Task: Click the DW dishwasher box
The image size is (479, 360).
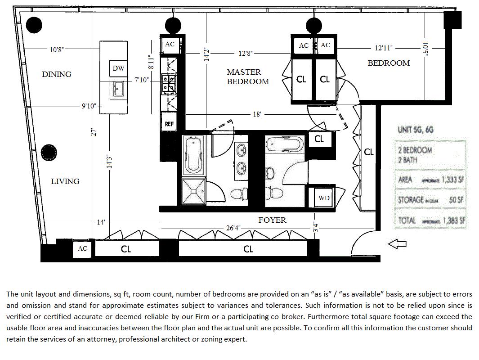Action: (x=118, y=68)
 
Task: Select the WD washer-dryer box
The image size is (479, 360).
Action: (x=324, y=198)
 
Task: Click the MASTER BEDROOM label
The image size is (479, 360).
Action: (x=247, y=77)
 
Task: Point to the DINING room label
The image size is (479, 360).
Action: (x=57, y=74)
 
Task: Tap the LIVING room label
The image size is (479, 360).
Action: (x=65, y=181)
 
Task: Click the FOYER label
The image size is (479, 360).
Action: (x=272, y=220)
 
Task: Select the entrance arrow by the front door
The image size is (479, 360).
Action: (x=397, y=244)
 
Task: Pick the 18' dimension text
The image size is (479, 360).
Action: (x=257, y=114)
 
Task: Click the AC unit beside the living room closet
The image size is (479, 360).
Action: (x=83, y=248)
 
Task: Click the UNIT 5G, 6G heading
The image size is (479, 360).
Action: (x=416, y=130)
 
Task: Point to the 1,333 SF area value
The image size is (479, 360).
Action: (x=452, y=180)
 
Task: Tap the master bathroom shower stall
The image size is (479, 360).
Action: (x=193, y=192)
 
